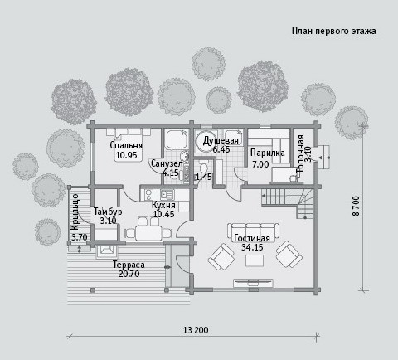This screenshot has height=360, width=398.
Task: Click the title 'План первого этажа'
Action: click(x=333, y=31)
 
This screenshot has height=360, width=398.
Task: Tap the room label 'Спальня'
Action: click(x=126, y=145)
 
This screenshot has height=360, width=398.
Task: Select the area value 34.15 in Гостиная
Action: click(x=252, y=247)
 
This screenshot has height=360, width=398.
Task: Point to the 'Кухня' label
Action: click(x=163, y=205)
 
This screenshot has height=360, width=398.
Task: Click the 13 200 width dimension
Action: click(x=196, y=330)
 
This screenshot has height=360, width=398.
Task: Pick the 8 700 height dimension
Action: click(x=357, y=206)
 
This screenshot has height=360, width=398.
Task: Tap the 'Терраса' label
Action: click(x=129, y=265)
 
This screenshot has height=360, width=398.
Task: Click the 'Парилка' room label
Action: click(x=268, y=153)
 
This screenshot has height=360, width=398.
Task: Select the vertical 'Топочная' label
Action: click(x=300, y=153)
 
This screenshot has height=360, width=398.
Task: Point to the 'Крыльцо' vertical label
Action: click(x=75, y=212)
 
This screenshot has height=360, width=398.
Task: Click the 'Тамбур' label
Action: click(x=108, y=212)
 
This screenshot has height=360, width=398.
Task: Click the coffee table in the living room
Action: click(x=255, y=260)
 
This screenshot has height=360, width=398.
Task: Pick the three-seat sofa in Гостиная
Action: click(x=253, y=231)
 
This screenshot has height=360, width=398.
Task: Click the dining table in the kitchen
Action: click(x=148, y=233)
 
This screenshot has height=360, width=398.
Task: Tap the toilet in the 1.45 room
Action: click(x=204, y=167)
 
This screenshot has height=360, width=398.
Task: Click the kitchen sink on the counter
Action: click(x=167, y=194)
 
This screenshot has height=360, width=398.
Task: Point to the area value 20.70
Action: click(x=129, y=274)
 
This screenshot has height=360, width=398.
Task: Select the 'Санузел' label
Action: click(x=167, y=163)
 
